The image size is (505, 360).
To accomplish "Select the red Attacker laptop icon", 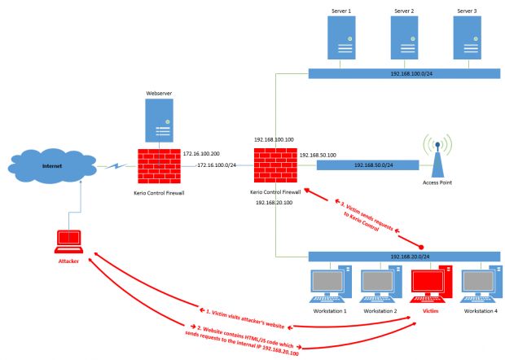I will coord(68,240).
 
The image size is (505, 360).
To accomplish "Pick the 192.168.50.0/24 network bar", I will coord(367,165).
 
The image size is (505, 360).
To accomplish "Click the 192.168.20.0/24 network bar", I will coord(403,255).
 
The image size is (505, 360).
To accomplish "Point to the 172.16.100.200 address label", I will coord(204,151).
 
